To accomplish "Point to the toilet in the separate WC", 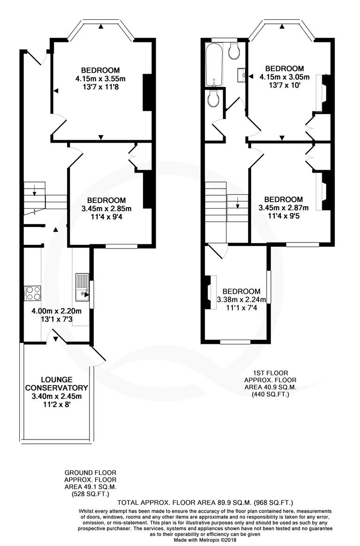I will (214, 99).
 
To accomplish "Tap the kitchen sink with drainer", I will (82, 288).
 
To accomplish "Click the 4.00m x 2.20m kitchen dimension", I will (56, 311).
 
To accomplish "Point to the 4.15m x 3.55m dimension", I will (100, 78).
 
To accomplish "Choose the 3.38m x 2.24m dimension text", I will (241, 300).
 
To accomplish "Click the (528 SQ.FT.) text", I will (90, 494).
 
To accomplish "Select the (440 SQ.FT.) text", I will (270, 394).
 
